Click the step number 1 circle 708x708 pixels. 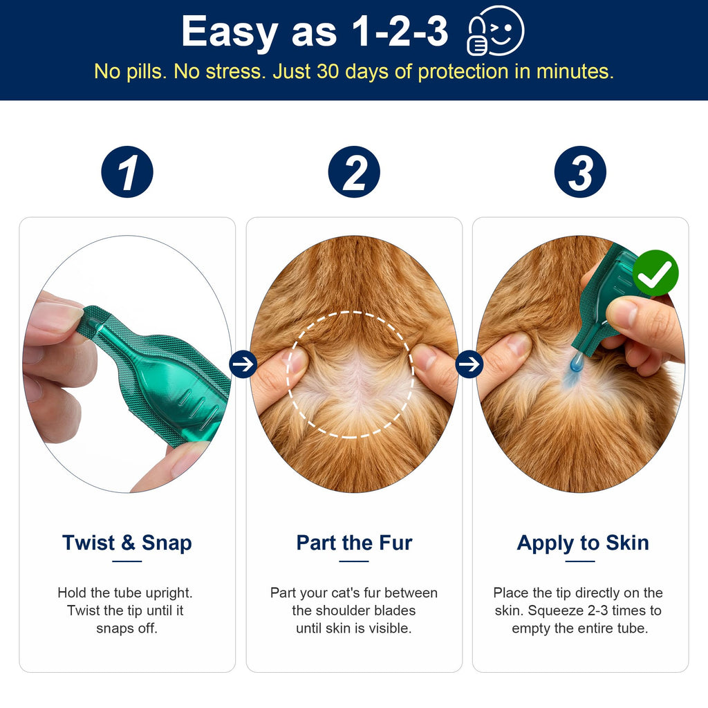[x=127, y=171]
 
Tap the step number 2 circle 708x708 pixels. [x=354, y=171]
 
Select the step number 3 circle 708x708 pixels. [x=580, y=171]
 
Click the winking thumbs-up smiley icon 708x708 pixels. [x=495, y=30]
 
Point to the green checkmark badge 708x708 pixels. [x=655, y=272]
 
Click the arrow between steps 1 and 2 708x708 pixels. [x=243, y=364]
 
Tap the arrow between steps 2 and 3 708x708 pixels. [x=469, y=364]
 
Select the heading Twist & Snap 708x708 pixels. [x=127, y=542]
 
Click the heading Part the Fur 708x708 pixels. [x=354, y=542]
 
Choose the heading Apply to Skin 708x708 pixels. [x=582, y=543]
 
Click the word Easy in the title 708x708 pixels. [x=230, y=32]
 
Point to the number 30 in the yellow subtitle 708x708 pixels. [x=328, y=71]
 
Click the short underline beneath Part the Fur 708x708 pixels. [x=354, y=561]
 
